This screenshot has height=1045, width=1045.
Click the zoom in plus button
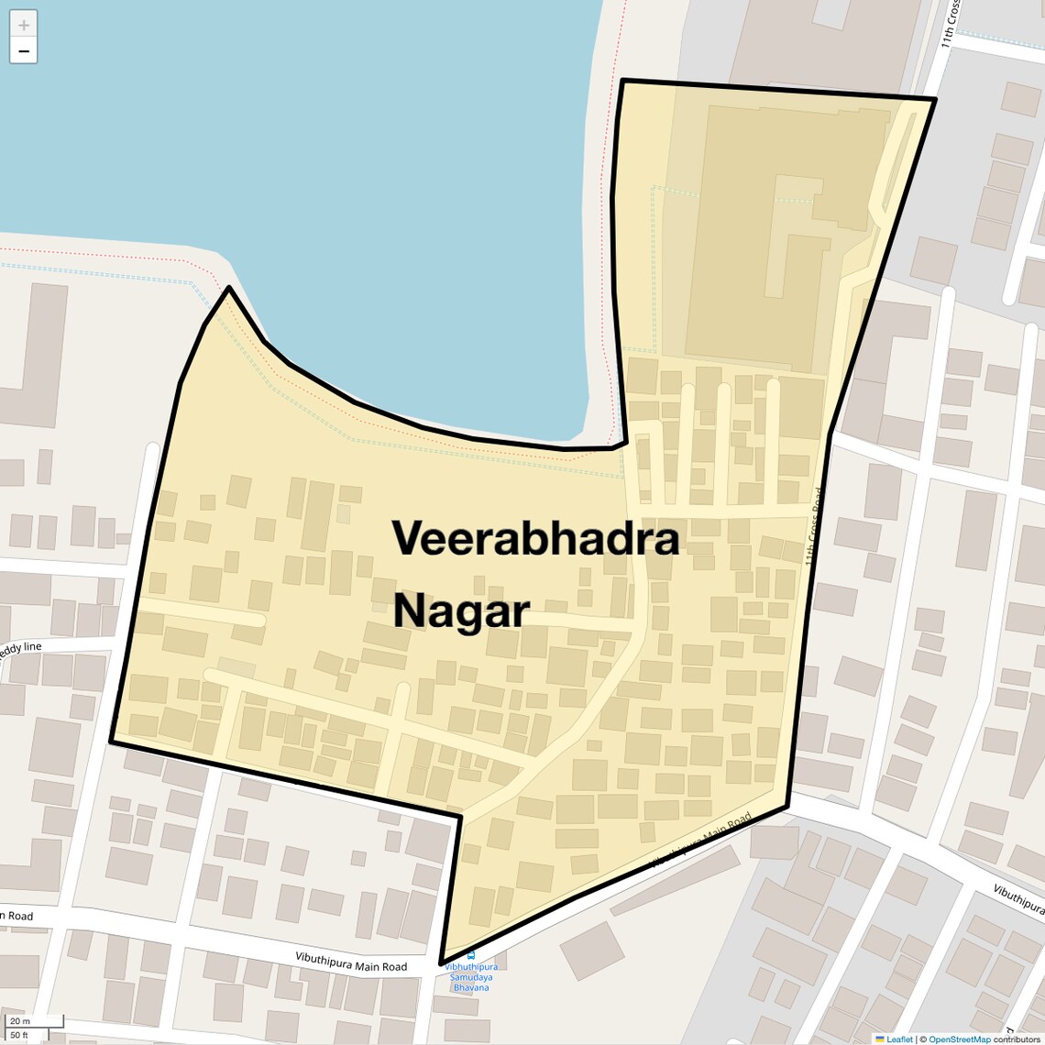(24, 25)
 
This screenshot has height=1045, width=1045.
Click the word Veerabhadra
(536, 539)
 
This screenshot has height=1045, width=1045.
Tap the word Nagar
(461, 611)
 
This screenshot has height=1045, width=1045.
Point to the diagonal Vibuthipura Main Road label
(701, 840)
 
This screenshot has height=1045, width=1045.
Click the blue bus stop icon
(471, 955)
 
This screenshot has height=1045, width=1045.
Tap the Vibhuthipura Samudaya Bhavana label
(471, 977)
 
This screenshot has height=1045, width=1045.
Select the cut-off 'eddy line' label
(20, 648)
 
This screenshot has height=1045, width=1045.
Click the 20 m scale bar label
(20, 1020)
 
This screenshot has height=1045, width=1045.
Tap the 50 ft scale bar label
(20, 1035)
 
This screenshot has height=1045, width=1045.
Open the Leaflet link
(899, 1039)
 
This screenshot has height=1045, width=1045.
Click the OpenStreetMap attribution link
(959, 1039)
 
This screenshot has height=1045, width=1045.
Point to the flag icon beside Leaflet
(880, 1039)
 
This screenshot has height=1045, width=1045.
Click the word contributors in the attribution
(1017, 1039)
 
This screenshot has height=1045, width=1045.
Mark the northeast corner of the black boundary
(934, 99)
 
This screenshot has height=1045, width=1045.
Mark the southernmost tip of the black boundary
(442, 962)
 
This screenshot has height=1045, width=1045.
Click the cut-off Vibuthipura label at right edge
(1018, 898)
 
